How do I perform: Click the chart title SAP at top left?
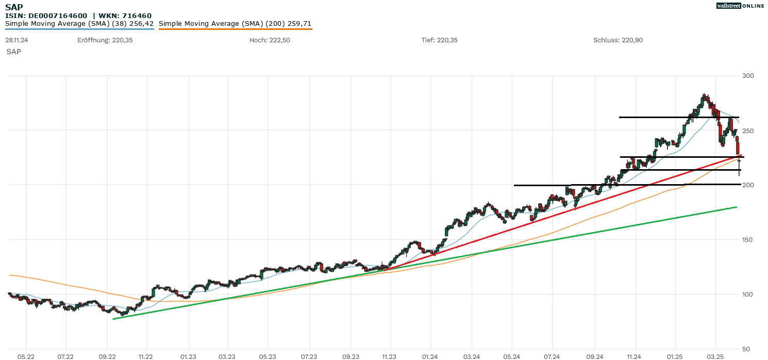pyautogui.click(x=14, y=7)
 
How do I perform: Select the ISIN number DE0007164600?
pyautogui.click(x=60, y=15)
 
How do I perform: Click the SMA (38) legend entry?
pyautogui.click(x=79, y=24)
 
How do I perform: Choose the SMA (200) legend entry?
pyautogui.click(x=235, y=24)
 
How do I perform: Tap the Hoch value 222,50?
pyautogui.click(x=279, y=40)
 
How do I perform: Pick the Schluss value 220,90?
pyautogui.click(x=632, y=40)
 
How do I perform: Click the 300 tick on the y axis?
pyautogui.click(x=747, y=76)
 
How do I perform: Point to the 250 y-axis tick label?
pyautogui.click(x=747, y=130)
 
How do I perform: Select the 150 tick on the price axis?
pyautogui.click(x=747, y=240)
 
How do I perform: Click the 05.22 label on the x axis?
pyautogui.click(x=26, y=356)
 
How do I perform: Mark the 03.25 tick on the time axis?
pyautogui.click(x=715, y=356)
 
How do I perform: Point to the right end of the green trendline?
pyautogui.click(x=736, y=207)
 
